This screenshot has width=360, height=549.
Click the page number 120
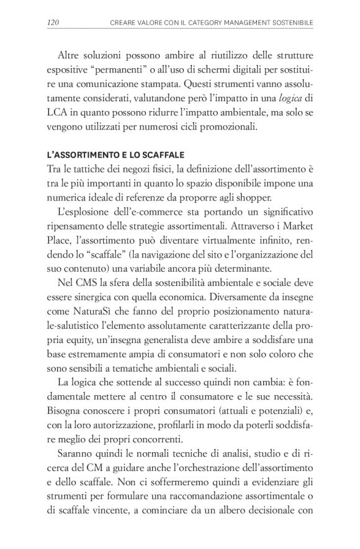pos(53,23)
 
